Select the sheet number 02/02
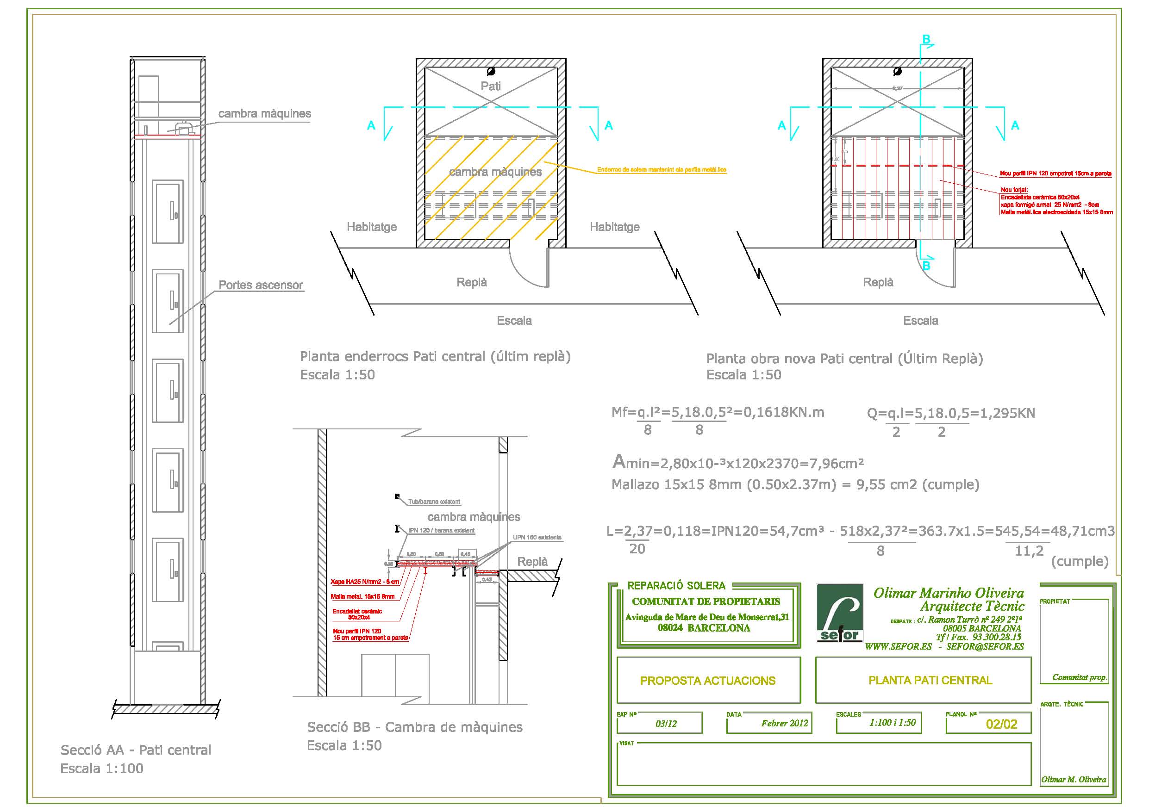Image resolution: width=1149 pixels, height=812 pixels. pos(1001,724)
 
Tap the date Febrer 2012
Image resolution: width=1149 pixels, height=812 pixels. pos(785,723)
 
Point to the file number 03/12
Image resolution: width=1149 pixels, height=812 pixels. pos(666,724)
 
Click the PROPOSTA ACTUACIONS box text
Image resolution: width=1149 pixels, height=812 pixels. pos(708,681)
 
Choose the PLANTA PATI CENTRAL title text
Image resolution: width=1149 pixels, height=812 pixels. pos(930,680)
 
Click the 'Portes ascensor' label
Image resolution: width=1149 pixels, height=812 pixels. pos(261,285)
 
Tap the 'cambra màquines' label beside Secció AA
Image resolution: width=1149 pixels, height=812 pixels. pos(264,113)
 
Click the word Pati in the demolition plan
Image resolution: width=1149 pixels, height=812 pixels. pos(490,86)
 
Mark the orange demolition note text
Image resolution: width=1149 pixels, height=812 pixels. pos(661,170)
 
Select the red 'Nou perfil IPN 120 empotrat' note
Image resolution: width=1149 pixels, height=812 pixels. pos(1055,173)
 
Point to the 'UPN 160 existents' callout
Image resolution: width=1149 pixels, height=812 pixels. pos(537,537)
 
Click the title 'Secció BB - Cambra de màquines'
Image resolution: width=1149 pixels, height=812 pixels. pos(414,727)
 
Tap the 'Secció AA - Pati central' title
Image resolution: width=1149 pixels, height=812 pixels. pos(136,750)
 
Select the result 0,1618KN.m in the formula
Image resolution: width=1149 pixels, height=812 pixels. pos(784,412)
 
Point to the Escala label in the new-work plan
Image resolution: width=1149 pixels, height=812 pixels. pos(920,321)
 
